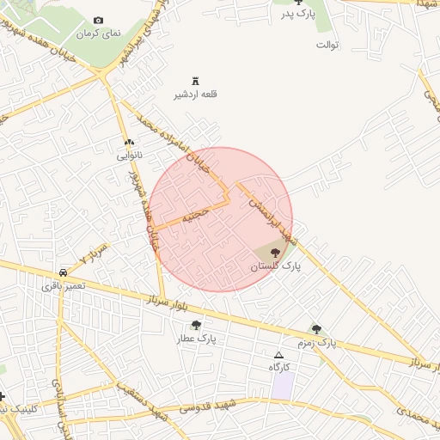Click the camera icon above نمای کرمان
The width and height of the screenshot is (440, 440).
(98, 21)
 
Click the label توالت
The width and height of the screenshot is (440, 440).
(329, 44)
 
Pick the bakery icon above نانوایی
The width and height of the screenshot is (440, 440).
(129, 142)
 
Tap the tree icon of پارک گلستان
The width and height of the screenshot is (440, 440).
(275, 252)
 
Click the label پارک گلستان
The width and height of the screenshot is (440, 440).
(276, 267)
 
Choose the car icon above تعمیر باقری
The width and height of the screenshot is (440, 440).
(64, 270)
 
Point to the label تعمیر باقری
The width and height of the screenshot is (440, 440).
(63, 284)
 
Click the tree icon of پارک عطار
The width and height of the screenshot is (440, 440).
(197, 325)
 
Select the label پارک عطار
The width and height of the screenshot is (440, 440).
(197, 339)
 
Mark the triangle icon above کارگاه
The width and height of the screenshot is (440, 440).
(278, 354)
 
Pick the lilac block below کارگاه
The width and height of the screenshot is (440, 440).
(282, 385)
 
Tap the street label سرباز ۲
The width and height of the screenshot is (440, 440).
(94, 254)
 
